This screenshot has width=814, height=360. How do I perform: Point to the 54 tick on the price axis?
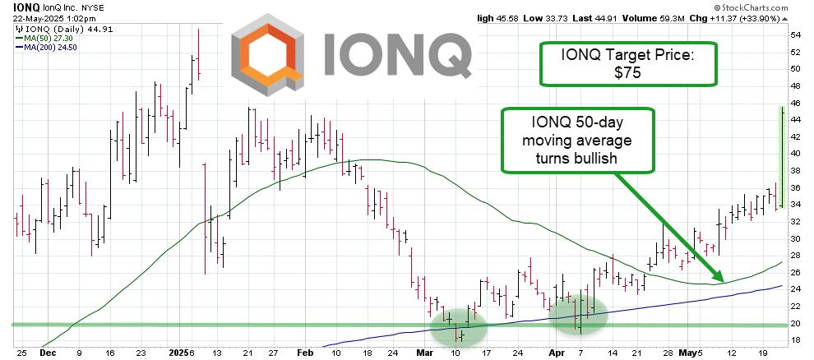tap(796, 35)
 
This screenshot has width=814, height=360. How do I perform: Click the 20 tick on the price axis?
tap(796, 324)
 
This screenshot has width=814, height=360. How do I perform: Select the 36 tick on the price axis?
tap(796, 188)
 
